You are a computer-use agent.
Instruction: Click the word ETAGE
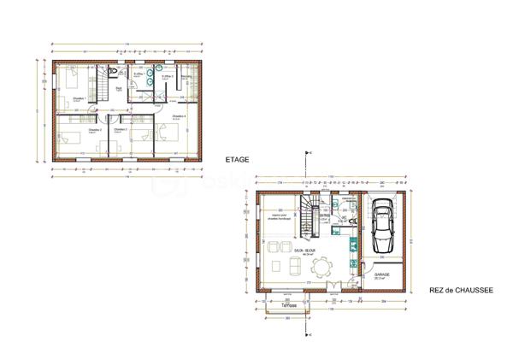[236, 160]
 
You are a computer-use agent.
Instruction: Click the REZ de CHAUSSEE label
[461, 291]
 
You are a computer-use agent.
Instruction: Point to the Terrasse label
[286, 305]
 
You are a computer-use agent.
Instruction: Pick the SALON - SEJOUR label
[302, 251]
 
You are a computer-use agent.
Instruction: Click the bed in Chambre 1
[70, 82]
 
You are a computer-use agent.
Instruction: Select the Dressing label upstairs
[186, 78]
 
